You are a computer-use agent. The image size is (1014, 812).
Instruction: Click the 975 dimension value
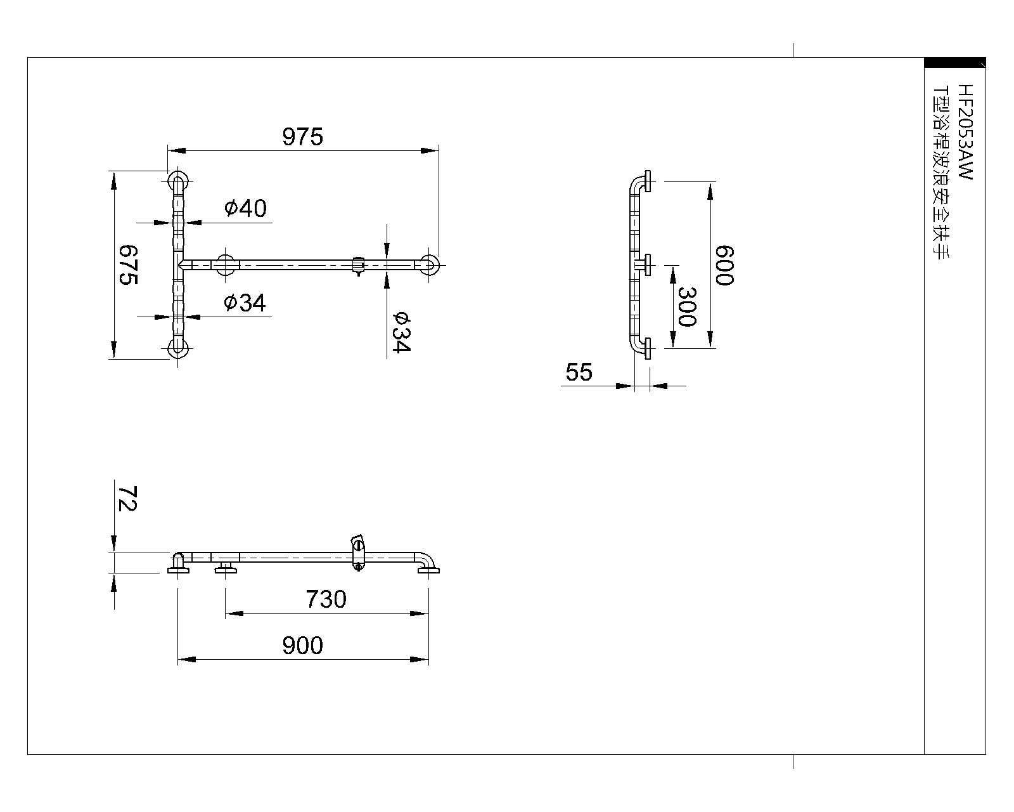pos(302,137)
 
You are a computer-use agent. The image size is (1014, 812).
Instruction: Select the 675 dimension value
pos(128,265)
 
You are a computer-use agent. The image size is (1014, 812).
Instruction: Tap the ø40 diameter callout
pos(245,208)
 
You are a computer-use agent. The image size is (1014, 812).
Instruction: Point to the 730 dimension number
pos(326,599)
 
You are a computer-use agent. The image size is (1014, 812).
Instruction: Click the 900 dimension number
pos(302,645)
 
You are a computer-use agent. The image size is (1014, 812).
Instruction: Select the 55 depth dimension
pos(579,372)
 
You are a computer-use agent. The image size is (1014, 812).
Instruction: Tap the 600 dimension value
pos(724,265)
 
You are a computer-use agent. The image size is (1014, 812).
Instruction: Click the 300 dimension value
pos(687,306)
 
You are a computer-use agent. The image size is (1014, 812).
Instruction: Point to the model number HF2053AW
pos(965,132)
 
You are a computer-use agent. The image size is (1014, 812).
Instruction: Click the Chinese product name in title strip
pos(942,172)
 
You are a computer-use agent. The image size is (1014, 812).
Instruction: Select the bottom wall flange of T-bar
pos(177,349)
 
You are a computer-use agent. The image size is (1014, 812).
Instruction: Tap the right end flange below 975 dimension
pos(429,265)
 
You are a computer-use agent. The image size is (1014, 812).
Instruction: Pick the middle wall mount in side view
pos(643,265)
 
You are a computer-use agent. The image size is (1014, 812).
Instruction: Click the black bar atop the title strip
pos(954,63)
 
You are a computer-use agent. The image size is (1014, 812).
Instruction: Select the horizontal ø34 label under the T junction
pos(245,303)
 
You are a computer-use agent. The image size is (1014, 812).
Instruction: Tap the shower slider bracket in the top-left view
pos(359,265)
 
